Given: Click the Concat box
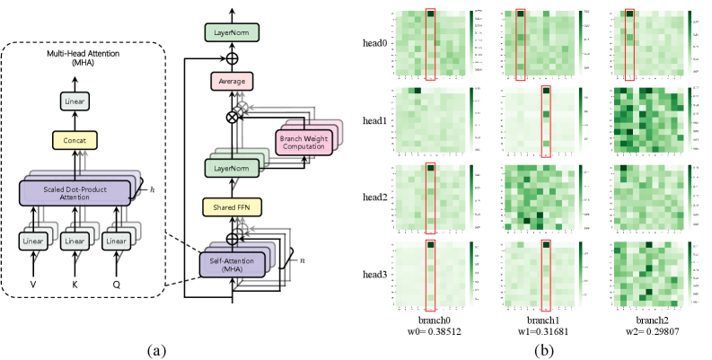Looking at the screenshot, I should (x=75, y=140).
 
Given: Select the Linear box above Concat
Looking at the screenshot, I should (x=75, y=101).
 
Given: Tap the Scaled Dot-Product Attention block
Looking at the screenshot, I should (x=75, y=193).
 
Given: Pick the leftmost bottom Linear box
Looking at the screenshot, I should (x=33, y=241).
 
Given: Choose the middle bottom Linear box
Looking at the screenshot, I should (x=75, y=241).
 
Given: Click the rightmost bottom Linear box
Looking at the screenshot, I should (x=116, y=241).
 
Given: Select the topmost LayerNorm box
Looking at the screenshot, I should (x=232, y=32).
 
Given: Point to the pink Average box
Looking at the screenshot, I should (x=232, y=82).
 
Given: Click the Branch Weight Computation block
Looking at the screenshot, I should (x=303, y=143).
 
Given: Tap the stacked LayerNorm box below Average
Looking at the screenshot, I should (x=232, y=168).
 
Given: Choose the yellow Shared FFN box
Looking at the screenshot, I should (x=232, y=207).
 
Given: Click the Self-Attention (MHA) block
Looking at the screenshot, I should (x=232, y=265).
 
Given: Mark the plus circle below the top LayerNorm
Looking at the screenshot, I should (x=232, y=58).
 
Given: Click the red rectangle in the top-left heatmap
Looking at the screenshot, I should (x=430, y=45).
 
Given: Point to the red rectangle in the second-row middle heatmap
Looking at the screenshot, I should (x=545, y=121).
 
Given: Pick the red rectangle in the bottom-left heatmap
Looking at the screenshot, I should (x=430, y=276).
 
